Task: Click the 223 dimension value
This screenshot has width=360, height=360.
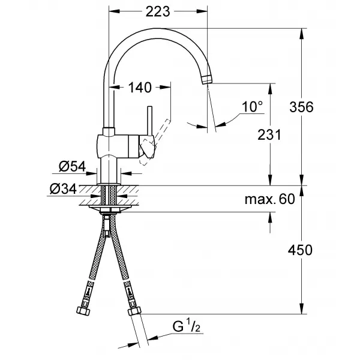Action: [158, 11]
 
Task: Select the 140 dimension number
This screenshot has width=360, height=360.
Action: [140, 88]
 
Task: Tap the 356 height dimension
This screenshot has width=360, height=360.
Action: [301, 107]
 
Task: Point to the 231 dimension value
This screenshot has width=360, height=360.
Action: [269, 135]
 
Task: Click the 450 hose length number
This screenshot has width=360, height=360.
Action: [301, 250]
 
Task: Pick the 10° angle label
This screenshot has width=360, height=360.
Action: [253, 107]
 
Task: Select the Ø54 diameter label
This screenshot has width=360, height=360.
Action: [73, 166]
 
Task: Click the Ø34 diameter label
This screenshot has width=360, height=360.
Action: [63, 189]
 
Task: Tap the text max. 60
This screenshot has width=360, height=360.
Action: [270, 199]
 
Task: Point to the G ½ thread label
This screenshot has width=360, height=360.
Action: [187, 327]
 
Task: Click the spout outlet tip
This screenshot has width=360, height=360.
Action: [207, 80]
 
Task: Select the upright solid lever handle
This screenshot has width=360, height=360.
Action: [150, 121]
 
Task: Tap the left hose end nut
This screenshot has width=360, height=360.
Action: [83, 311]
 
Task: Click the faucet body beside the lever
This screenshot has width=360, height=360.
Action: [118, 146]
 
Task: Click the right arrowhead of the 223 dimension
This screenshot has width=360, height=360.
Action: [202, 11]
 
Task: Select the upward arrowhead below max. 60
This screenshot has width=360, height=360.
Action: [270, 217]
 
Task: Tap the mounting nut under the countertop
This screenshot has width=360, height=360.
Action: [109, 209]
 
